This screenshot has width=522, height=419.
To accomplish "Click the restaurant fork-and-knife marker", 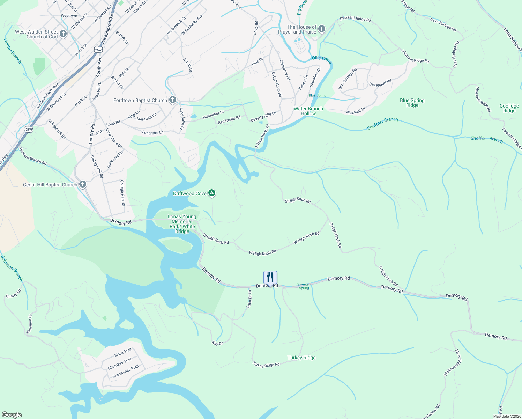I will (x=270, y=278).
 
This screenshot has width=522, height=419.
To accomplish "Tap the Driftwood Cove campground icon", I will (x=211, y=193).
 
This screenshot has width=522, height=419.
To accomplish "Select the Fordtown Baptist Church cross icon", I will (x=172, y=100).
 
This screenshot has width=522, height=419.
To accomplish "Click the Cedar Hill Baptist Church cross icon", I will (x=82, y=184).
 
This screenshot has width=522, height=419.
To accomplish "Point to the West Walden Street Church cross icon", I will (x=63, y=34).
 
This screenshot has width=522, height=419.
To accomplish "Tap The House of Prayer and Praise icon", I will (x=321, y=29).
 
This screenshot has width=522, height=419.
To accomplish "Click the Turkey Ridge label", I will (x=301, y=358).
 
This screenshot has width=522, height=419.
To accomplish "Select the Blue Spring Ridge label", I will (x=412, y=103).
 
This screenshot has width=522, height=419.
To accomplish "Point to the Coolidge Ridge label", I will (x=509, y=108).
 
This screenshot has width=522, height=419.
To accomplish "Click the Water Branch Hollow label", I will (x=308, y=111).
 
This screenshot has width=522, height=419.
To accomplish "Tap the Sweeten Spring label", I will (x=304, y=286).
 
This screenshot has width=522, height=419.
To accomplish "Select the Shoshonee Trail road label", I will (x=126, y=371).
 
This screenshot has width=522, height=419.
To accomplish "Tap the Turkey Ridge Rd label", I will (x=266, y=365).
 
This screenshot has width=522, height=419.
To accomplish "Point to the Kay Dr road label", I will (x=217, y=343).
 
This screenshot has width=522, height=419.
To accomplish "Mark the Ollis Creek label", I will (x=322, y=60).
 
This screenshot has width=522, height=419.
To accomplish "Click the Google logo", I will (x=12, y=415).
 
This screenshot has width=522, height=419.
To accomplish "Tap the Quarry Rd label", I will (x=14, y=294).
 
